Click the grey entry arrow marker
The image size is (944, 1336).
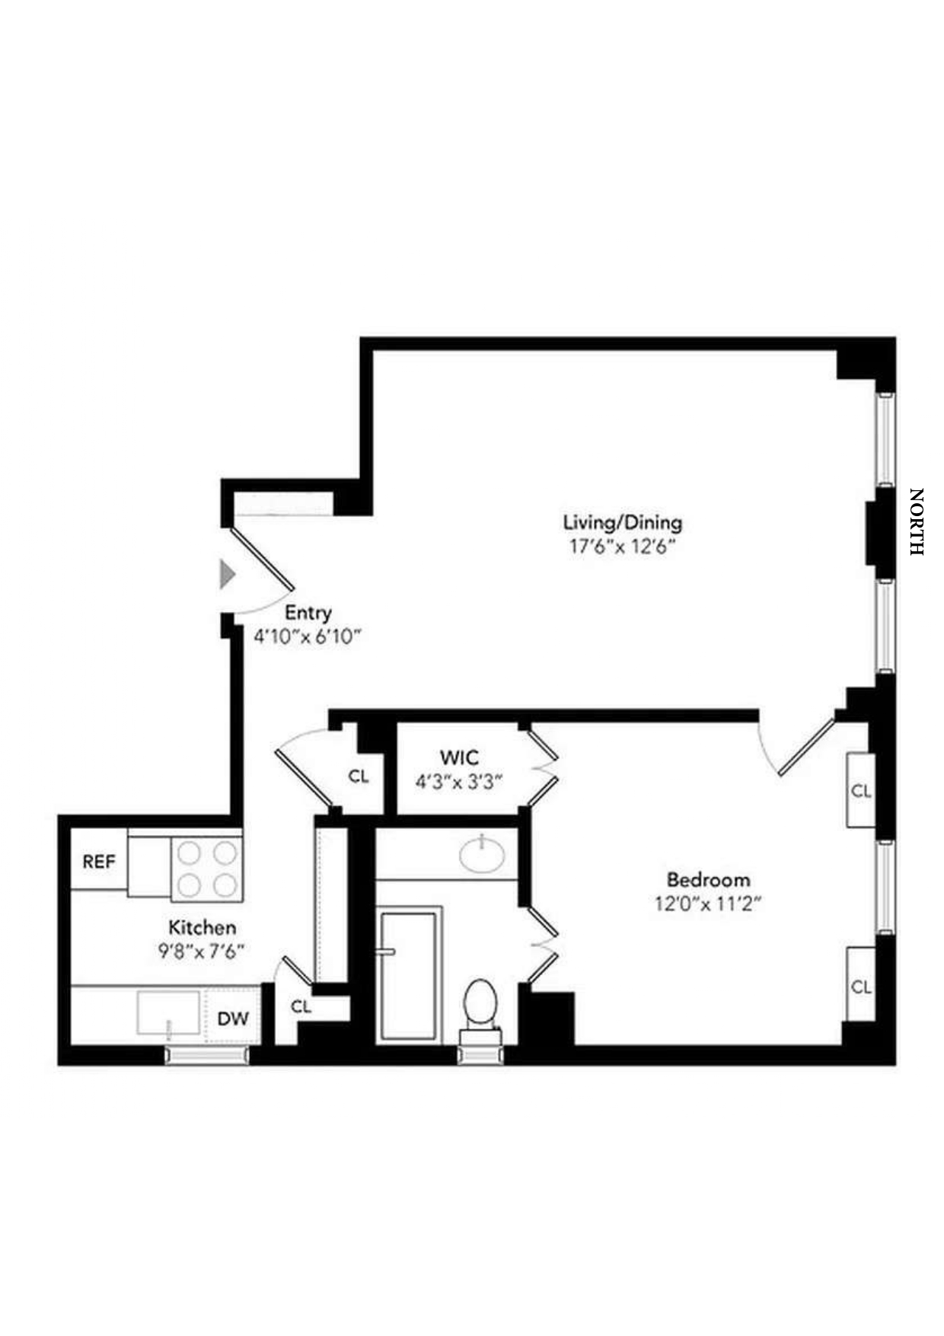click(x=227, y=574)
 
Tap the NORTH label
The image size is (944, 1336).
click(x=916, y=522)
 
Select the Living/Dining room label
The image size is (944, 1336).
click(x=622, y=522)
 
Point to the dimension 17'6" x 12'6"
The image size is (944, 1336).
click(x=622, y=547)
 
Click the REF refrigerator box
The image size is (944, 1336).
click(x=99, y=862)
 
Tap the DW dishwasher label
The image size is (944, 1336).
click(x=232, y=1019)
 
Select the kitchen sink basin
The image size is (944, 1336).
click(x=168, y=1012)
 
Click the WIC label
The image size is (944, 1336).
click(x=459, y=757)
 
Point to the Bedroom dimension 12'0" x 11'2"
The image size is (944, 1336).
click(x=708, y=904)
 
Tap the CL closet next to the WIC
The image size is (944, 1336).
click(x=359, y=776)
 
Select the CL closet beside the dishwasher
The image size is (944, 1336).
click(x=301, y=1006)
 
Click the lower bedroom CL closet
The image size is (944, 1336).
click(x=860, y=987)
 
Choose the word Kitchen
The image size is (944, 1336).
click(x=202, y=927)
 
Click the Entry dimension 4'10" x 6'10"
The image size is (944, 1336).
click(x=306, y=636)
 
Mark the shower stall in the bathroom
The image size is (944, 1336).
click(x=410, y=976)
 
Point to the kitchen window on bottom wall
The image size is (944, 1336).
click(x=207, y=1055)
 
